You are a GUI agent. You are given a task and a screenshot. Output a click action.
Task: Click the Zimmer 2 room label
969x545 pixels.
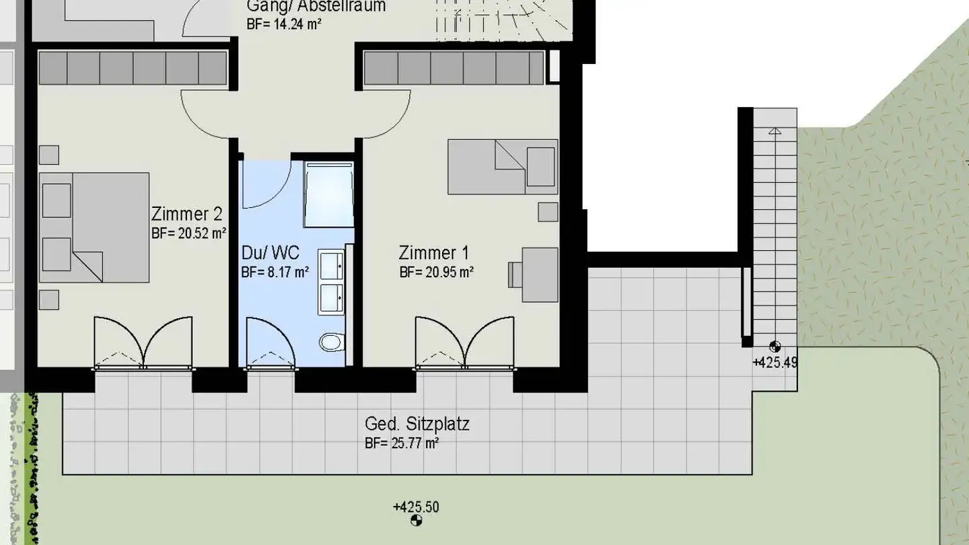click(186, 215)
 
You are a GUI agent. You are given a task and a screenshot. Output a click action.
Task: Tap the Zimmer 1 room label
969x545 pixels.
click(434, 253)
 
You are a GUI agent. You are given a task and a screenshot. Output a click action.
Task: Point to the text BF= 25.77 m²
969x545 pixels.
click(402, 443)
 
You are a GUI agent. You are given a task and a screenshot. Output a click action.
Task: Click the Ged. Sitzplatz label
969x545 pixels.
click(417, 424)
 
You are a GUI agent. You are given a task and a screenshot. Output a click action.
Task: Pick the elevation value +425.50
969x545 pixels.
click(416, 507)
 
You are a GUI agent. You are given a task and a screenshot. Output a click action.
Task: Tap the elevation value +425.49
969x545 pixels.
click(775, 363)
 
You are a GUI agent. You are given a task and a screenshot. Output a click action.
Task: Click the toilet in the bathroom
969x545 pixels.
click(331, 342)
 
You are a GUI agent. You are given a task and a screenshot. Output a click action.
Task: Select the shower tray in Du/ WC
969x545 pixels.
click(328, 194)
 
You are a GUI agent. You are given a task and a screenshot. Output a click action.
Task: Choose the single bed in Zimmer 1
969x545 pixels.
click(503, 167)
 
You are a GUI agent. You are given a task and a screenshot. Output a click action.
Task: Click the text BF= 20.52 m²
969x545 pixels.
click(188, 234)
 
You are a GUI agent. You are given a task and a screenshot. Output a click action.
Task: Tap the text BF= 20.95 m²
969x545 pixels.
click(437, 272)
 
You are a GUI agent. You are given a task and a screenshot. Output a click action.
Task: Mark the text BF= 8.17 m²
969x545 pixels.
click(275, 272)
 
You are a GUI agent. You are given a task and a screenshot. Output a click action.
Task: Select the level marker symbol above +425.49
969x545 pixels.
click(775, 347)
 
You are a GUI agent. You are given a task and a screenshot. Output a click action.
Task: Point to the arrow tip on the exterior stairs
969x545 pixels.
click(775, 129)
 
